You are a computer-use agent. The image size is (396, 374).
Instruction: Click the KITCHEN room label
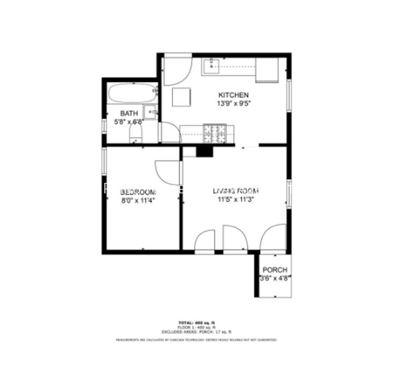pyautogui.click(x=233, y=95)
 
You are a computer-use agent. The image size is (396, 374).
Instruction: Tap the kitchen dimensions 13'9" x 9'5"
pyautogui.click(x=233, y=103)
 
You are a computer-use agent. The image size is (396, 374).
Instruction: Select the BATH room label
pyautogui.click(x=129, y=113)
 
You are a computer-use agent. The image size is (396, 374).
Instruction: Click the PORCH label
pyautogui.click(x=274, y=270)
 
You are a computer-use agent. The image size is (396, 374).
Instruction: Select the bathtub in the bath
pyautogui.click(x=132, y=95)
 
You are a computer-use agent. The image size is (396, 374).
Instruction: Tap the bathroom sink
pyautogui.click(x=152, y=112)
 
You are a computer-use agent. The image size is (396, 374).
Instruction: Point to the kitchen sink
pyautogui.click(x=212, y=65)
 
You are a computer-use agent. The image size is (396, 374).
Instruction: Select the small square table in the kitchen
pyautogui.click(x=182, y=97)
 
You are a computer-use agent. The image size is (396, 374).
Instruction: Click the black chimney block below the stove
pyautogui.click(x=205, y=151)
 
